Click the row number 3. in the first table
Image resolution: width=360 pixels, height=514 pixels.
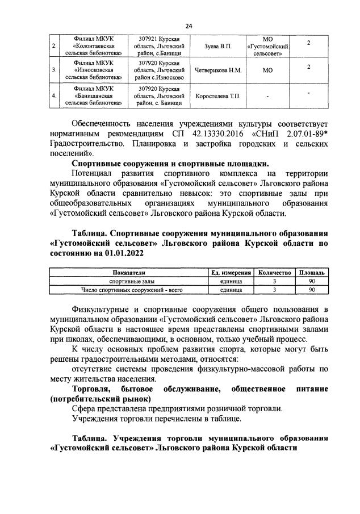tap(54, 70)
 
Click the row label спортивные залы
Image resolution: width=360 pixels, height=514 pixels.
tap(128, 281)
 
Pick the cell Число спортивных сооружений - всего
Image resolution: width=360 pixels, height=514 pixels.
tap(128, 290)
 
